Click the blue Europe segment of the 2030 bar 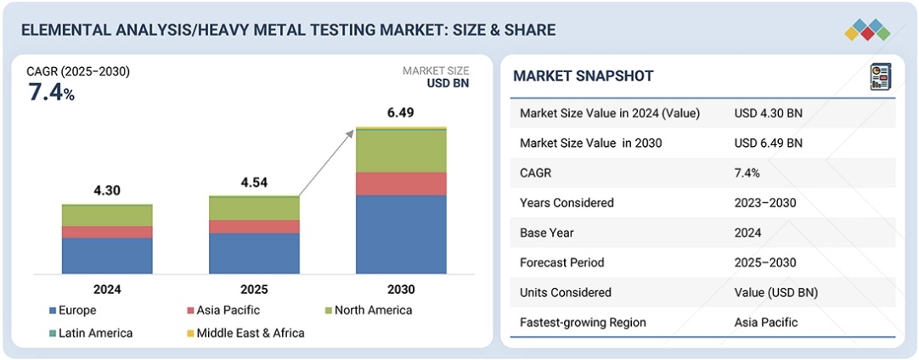pyautogui.click(x=401, y=234)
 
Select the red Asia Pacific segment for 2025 pyautogui.click(x=254, y=227)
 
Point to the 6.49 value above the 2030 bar pyautogui.click(x=401, y=112)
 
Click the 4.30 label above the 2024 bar pyautogui.click(x=107, y=191)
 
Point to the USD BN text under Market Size pyautogui.click(x=447, y=83)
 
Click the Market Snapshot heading pyautogui.click(x=584, y=76)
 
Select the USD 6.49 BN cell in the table pyautogui.click(x=768, y=143)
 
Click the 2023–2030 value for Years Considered pyautogui.click(x=764, y=203)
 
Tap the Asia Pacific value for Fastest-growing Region pyautogui.click(x=766, y=322)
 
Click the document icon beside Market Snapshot pyautogui.click(x=881, y=76)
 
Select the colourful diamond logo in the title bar pyautogui.click(x=867, y=30)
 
